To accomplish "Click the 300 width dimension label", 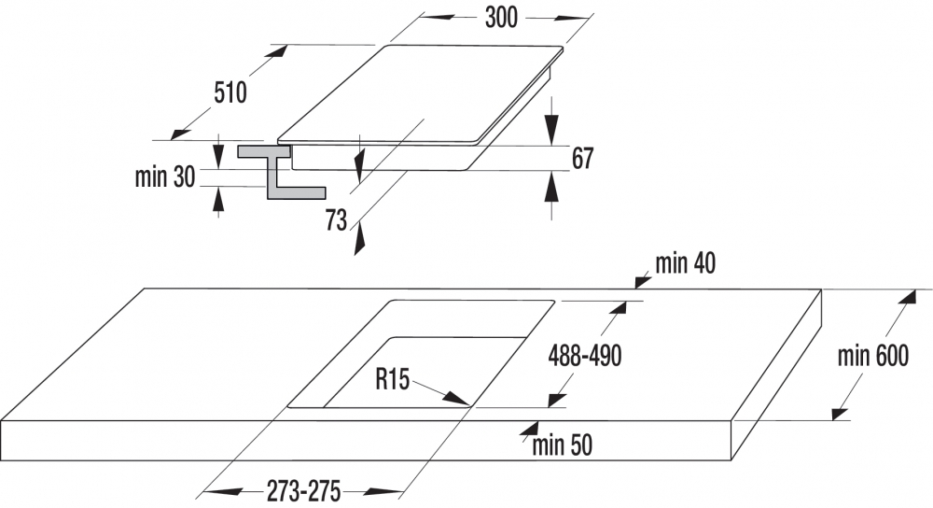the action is [501, 18].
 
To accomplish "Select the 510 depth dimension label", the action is [230, 92].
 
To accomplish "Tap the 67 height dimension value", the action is [582, 159].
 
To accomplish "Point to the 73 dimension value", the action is [336, 220].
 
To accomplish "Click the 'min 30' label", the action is [165, 176].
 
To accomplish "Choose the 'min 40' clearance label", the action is [686, 263].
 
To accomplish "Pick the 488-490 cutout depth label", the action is [585, 356].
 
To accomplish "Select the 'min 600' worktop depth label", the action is [873, 356].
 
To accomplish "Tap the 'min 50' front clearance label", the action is [563, 444].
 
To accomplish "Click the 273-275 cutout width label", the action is [303, 491].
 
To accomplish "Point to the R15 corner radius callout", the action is [393, 379].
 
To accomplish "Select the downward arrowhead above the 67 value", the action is [553, 129].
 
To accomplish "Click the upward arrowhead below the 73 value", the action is [358, 241].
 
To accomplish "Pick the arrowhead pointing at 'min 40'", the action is [642, 280].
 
